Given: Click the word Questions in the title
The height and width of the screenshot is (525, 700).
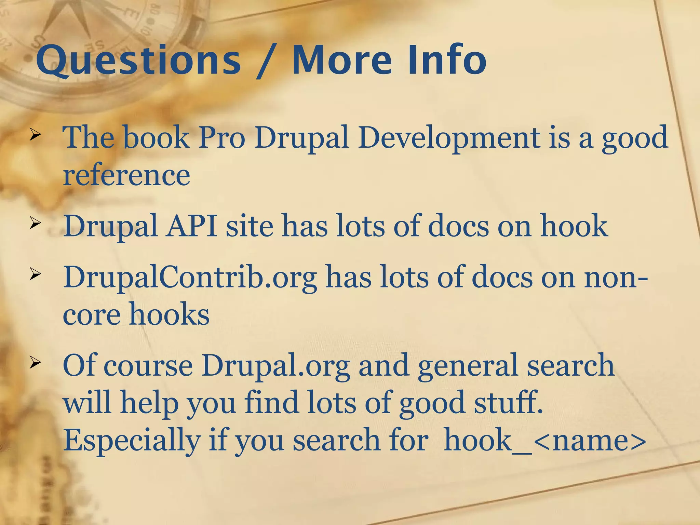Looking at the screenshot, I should (x=138, y=60).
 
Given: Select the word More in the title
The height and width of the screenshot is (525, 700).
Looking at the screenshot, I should (x=342, y=60).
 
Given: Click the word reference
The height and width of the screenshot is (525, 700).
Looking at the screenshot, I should (x=126, y=175).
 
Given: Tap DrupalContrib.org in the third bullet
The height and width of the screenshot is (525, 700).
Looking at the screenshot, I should (x=190, y=278).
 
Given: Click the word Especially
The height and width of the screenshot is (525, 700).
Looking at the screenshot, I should (x=132, y=441).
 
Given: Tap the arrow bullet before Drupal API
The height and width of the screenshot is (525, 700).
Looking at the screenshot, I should (x=35, y=224).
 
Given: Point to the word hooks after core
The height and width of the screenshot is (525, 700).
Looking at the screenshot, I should (x=169, y=314).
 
